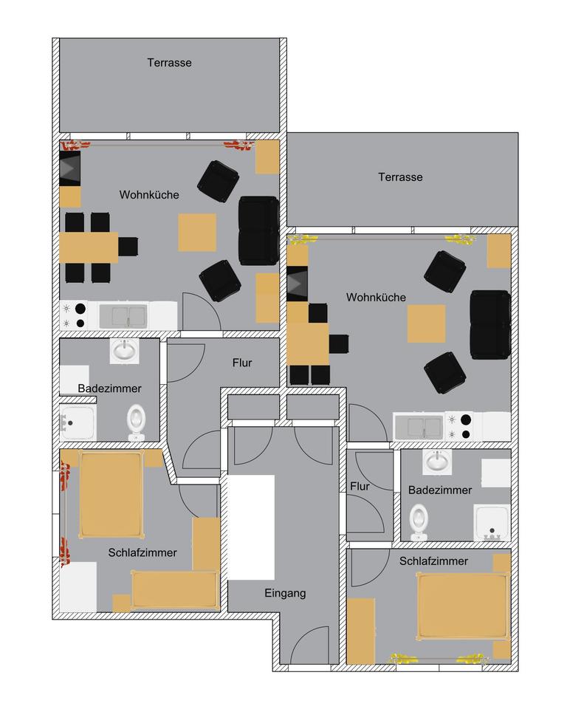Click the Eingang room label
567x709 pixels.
point(285,593)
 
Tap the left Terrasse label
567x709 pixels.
point(169,63)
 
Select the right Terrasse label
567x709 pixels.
point(400,177)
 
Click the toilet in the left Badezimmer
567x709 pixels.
point(137,422)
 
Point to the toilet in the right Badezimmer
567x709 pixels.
point(419,521)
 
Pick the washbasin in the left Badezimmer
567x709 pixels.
point(124,350)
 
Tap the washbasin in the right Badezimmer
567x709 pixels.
point(437,462)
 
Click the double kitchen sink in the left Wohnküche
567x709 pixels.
point(123,316)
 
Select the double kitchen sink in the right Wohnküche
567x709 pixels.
point(419,425)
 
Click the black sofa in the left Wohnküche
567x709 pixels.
point(258,230)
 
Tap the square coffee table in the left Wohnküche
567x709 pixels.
point(197,232)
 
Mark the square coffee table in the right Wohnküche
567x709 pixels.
point(427,323)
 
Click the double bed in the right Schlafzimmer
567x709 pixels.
point(463,606)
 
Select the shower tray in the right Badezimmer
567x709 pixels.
point(492,522)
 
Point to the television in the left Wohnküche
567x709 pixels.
point(70,169)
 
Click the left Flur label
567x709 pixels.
point(242,363)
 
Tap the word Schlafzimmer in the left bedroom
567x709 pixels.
point(142,552)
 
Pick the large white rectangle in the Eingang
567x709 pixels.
point(251,527)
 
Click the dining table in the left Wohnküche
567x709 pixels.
point(89,247)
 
